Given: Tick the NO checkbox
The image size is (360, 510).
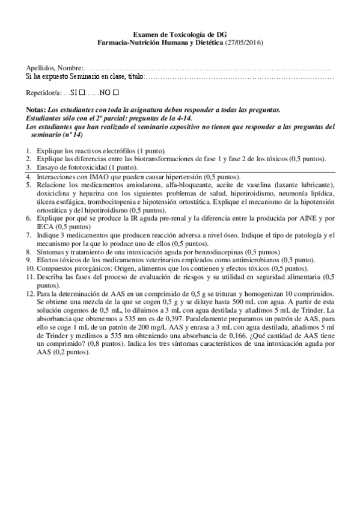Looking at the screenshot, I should point(116,93).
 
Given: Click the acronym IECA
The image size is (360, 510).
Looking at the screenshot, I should point(46,229).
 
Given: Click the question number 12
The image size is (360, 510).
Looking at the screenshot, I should point(29,292).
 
